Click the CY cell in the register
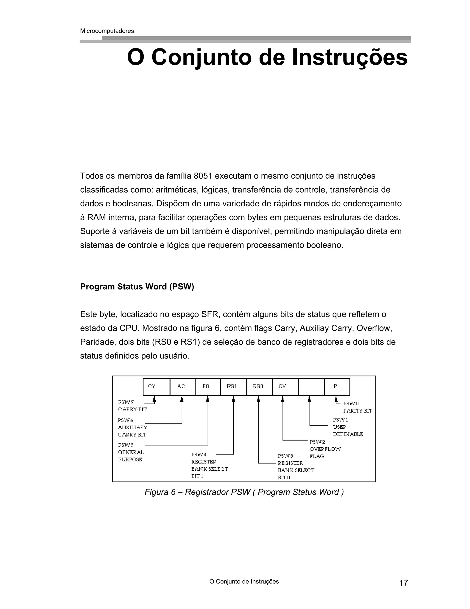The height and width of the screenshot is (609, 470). pos(156,387)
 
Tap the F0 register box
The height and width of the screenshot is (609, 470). pos(208,387)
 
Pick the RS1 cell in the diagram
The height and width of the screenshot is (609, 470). pos(233,387)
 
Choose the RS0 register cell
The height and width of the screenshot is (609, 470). pos(259,387)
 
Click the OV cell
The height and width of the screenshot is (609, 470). pos(285,387)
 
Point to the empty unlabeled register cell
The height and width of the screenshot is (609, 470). pos(311,387)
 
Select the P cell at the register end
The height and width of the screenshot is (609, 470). pos(337,387)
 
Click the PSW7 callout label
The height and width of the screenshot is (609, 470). pos(126,402)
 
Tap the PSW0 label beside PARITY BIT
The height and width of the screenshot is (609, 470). pos(351,404)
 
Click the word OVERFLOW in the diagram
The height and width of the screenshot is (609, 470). pos(325,449)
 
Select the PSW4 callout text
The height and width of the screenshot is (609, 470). pos(199,455)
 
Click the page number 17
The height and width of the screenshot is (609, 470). pos(403,583)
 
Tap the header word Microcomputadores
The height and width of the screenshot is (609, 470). pos(107,31)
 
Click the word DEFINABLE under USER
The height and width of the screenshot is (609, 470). pos(348,434)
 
